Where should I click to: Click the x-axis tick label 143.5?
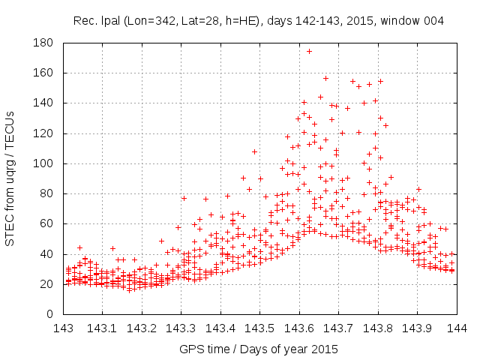coord(259,328)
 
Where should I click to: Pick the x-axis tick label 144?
coord(457,328)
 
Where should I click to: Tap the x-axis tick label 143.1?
coord(102,328)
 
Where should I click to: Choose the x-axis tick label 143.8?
coord(378,328)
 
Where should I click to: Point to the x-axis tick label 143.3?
coord(181,328)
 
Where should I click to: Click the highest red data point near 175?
coord(309,51)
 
